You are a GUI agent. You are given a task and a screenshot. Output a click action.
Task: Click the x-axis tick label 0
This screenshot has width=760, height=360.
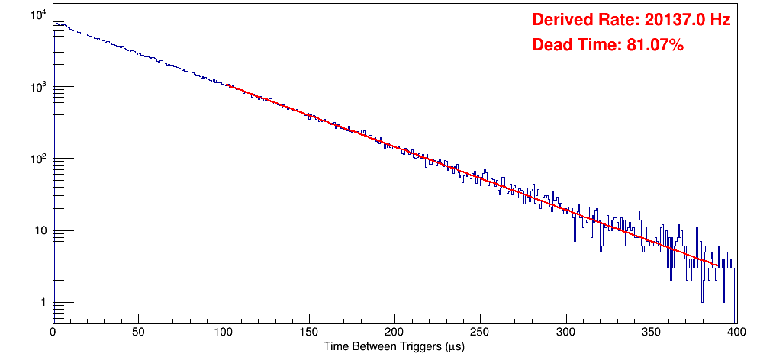52,333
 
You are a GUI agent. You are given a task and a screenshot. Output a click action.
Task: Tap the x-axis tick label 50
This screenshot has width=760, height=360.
137,333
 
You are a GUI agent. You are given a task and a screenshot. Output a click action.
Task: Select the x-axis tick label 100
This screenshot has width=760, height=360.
223,333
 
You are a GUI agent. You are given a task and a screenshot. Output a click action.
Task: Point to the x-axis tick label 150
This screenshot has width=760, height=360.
308,333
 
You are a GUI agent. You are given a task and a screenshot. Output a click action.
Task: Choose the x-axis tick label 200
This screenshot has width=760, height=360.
394,333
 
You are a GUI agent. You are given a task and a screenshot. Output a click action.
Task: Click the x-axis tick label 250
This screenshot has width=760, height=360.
480,333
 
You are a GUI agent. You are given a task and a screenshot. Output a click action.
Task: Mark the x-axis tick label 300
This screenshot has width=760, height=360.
565,333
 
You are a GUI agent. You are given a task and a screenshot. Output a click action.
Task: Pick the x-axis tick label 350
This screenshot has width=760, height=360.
651,333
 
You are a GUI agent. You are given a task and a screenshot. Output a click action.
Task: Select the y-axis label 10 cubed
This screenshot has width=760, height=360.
37,87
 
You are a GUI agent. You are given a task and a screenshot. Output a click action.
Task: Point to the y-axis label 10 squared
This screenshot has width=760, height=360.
37,159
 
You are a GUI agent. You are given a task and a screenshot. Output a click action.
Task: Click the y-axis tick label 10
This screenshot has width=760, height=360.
39,231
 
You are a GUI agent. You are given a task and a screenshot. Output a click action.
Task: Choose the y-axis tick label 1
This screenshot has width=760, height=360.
42,304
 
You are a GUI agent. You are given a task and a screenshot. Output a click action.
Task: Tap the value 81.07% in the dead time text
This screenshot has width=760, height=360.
651,46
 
